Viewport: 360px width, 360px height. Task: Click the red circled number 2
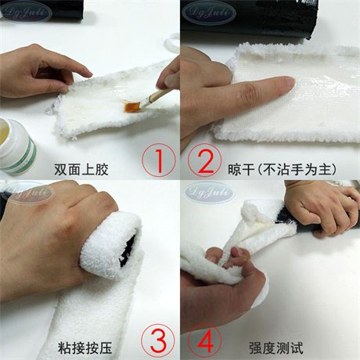pyautogui.click(x=205, y=162)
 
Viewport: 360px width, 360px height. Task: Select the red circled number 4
pyautogui.click(x=205, y=340)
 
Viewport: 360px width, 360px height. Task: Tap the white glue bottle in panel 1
pyautogui.click(x=17, y=146)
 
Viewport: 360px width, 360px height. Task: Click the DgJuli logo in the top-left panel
pyautogui.click(x=25, y=13)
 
